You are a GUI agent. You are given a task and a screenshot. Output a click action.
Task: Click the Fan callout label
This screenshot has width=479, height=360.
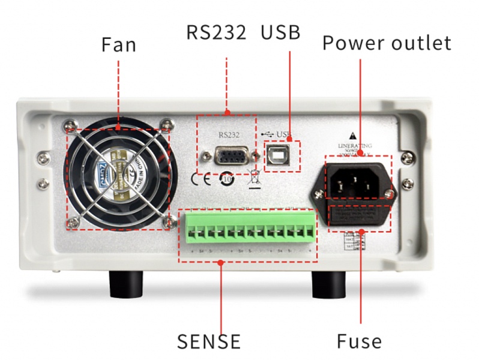pyautogui.click(x=118, y=45)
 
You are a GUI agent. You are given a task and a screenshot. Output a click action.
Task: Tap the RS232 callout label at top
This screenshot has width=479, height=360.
pyautogui.click(x=216, y=32)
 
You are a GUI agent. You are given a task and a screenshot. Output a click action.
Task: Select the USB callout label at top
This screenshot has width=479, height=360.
pyautogui.click(x=280, y=32)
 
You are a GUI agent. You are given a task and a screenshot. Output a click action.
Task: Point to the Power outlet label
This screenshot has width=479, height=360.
pyautogui.click(x=387, y=43)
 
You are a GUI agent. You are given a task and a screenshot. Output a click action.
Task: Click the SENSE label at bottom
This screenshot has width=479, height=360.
pyautogui.click(x=208, y=341)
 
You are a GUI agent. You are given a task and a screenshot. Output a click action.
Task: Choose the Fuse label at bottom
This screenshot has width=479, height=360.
pyautogui.click(x=359, y=341)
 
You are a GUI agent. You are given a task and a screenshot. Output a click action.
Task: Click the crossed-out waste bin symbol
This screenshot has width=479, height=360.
pyautogui.click(x=252, y=178)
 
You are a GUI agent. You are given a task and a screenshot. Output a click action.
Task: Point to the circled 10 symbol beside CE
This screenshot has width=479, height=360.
pyautogui.click(x=227, y=178)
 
